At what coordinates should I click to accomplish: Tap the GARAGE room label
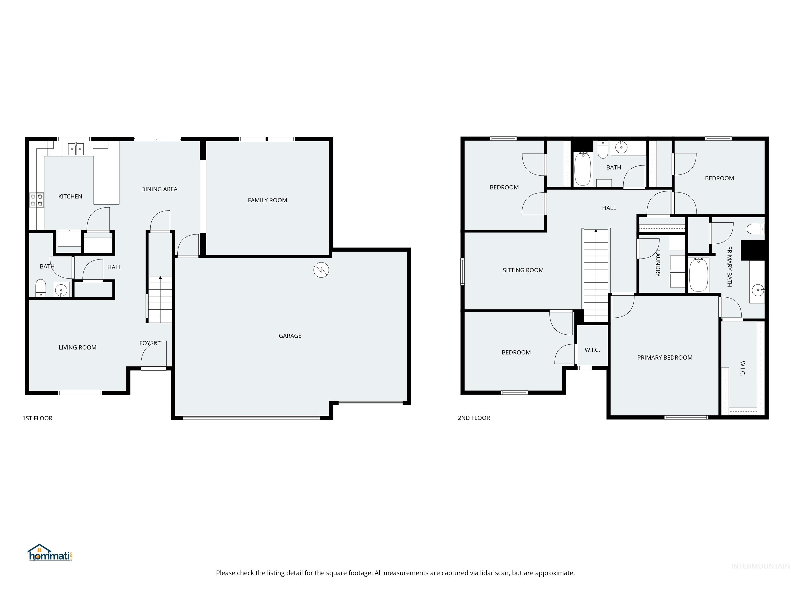coord(290,336)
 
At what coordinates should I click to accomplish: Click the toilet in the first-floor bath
coord(41,288)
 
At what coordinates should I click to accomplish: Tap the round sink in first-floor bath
coord(61,290)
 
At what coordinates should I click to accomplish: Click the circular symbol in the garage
coord(321,270)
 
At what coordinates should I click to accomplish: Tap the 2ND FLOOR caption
coord(474,418)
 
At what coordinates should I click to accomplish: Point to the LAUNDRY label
coord(658,263)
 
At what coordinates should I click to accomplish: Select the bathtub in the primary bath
coord(698,275)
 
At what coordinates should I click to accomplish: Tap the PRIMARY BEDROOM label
coord(664,357)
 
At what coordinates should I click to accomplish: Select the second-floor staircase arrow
coord(596,231)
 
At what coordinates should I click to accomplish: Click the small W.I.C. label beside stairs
coord(592,350)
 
